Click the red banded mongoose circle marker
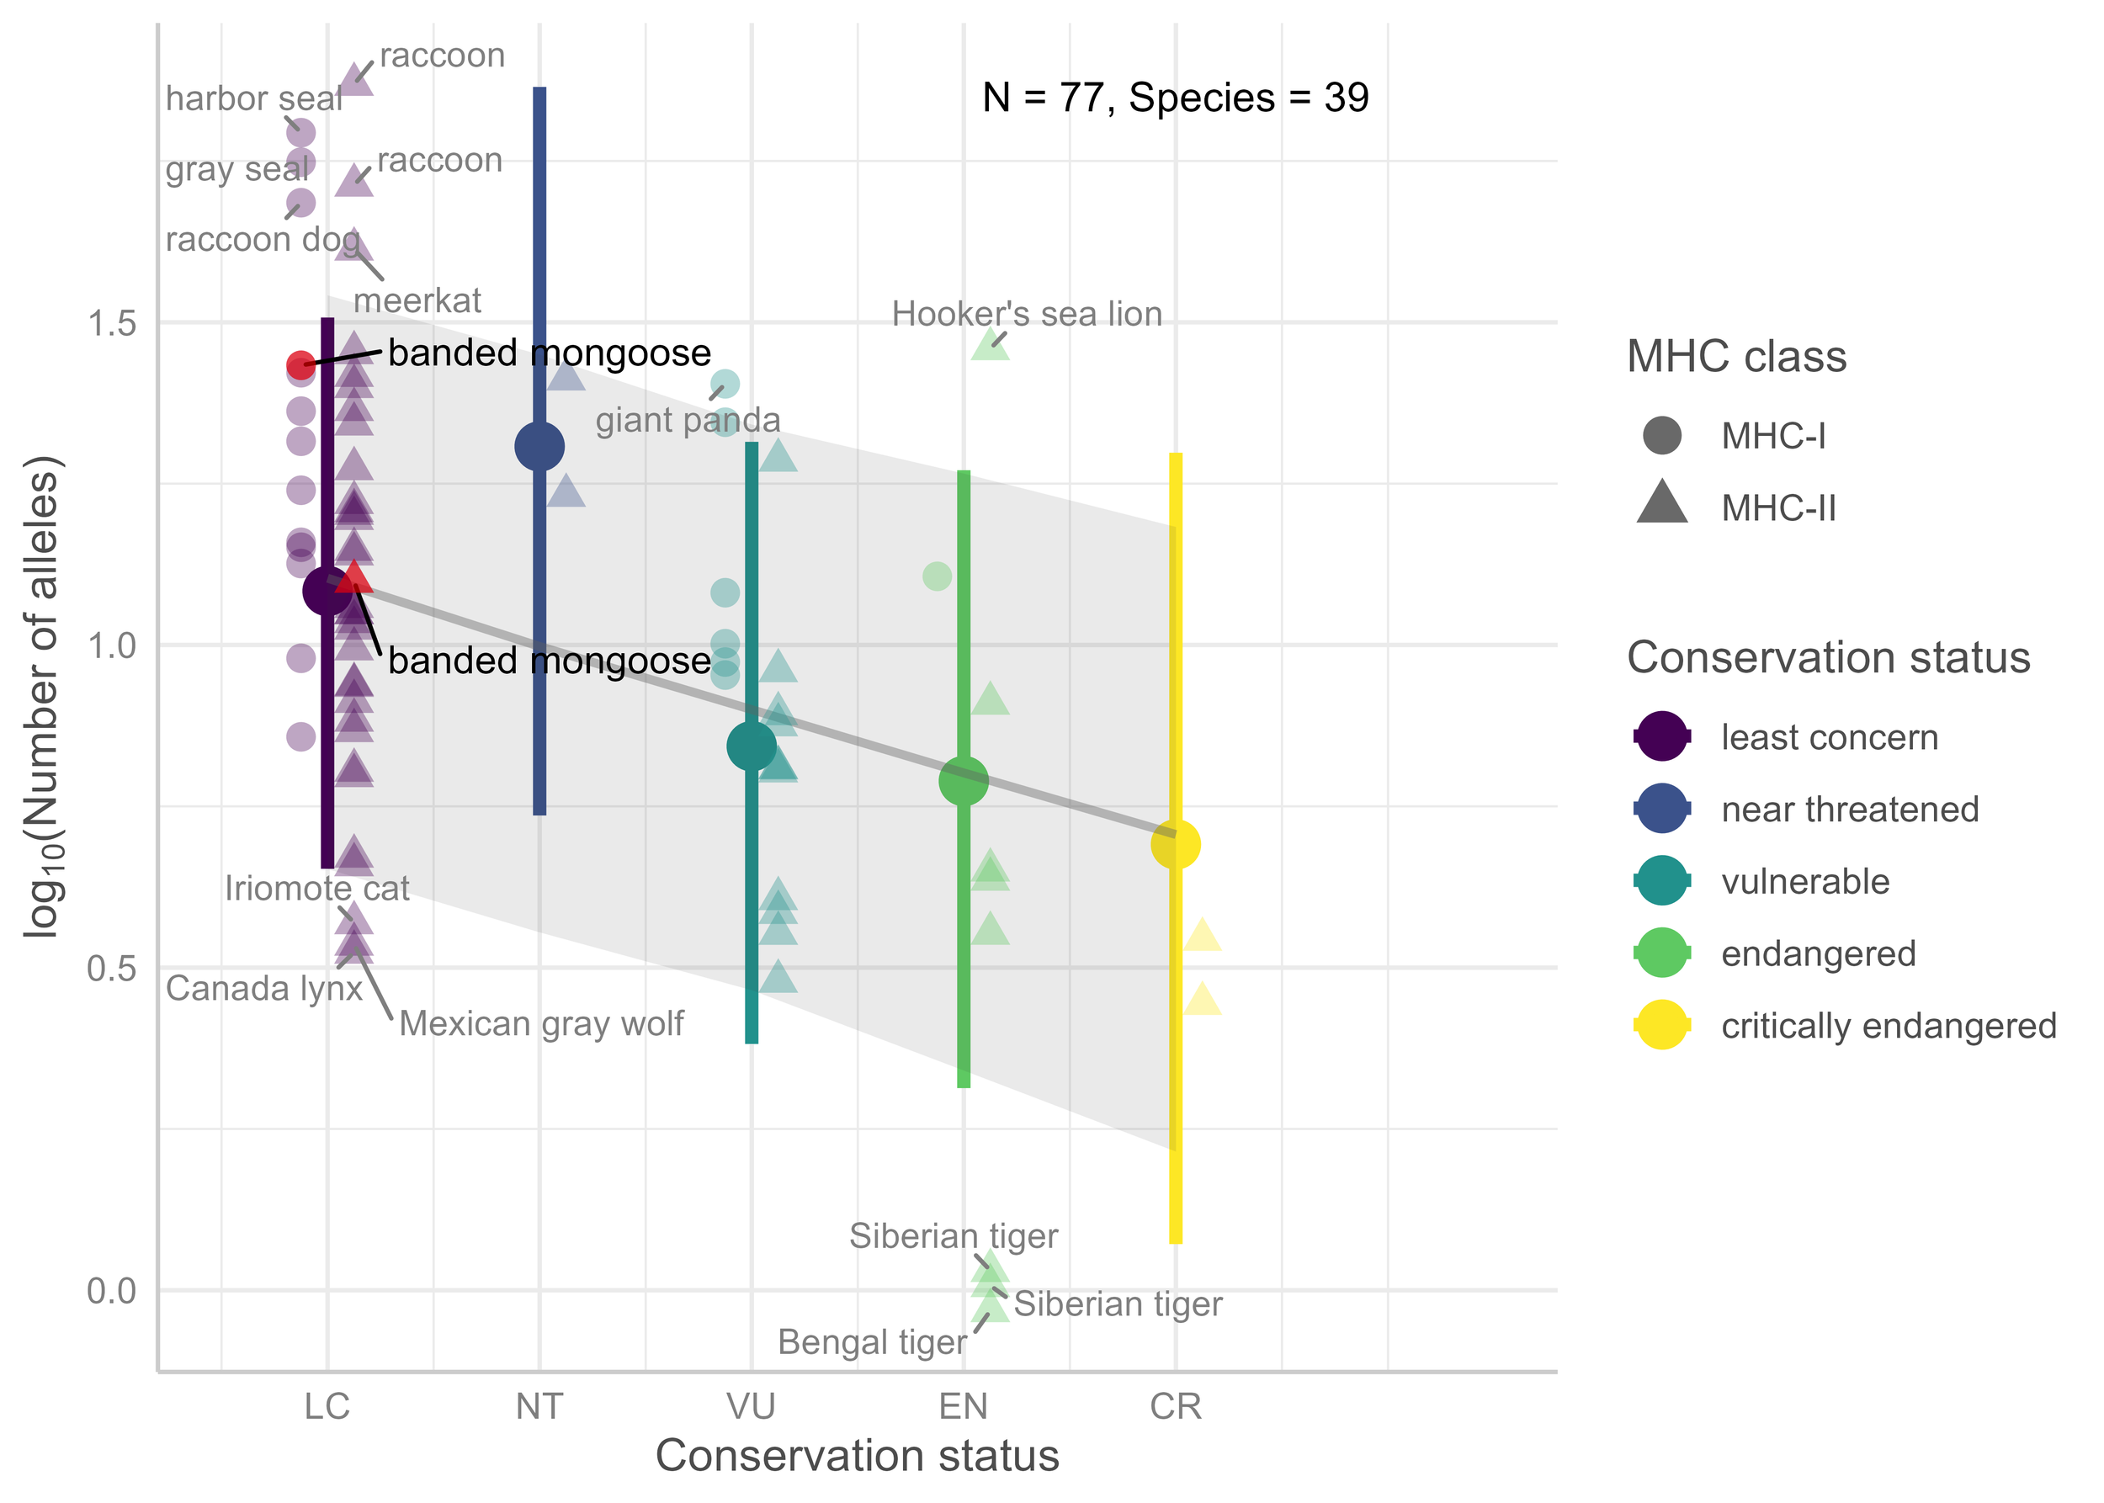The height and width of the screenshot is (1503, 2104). (x=300, y=364)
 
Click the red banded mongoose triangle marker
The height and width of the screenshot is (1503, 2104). (x=353, y=579)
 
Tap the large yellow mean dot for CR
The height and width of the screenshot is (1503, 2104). (x=1175, y=844)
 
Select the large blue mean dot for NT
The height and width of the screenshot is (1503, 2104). (x=539, y=447)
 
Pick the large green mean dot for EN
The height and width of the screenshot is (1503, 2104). (x=963, y=780)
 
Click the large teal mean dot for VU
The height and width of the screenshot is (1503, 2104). (x=751, y=746)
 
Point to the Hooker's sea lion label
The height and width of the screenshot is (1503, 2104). (x=1026, y=314)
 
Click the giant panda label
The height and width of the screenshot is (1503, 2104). (x=687, y=420)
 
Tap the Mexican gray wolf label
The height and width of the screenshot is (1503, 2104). (x=540, y=1023)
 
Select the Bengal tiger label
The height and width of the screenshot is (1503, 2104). (x=871, y=1342)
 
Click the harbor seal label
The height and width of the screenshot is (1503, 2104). (x=253, y=98)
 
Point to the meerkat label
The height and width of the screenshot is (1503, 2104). (x=417, y=300)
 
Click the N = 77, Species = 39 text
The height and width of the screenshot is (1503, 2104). (x=1175, y=97)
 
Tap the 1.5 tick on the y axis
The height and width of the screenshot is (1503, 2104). (x=111, y=323)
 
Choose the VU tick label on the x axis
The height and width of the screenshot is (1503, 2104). (x=751, y=1407)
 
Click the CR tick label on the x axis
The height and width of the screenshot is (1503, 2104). (x=1175, y=1407)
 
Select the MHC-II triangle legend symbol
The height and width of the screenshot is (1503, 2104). (x=1661, y=504)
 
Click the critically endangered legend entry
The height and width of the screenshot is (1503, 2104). (x=1889, y=1026)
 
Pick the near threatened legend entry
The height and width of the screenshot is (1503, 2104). (x=1850, y=809)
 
